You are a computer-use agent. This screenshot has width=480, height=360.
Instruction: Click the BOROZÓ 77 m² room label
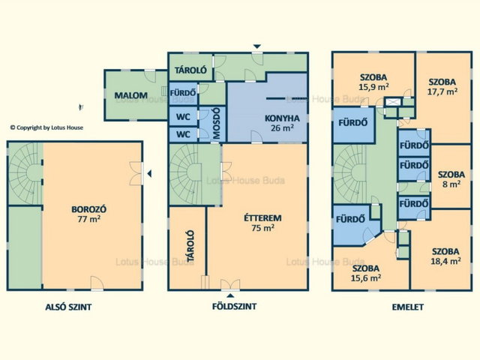88,214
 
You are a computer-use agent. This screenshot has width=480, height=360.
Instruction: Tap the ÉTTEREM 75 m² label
262,223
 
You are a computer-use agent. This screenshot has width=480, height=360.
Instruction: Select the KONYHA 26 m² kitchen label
282,123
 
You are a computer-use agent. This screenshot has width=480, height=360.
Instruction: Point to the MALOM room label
131,95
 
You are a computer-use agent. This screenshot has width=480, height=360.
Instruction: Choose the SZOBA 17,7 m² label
442,86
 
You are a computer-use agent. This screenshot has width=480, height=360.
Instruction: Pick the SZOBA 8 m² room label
451,179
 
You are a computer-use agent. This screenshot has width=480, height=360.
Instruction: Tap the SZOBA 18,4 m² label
445,256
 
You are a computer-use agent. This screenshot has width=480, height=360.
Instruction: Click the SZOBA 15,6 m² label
366,273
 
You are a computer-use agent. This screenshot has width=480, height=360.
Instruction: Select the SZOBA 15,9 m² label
373,82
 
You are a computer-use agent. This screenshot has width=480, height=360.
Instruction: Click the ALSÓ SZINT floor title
68,307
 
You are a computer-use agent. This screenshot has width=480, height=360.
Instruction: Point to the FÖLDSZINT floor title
235,306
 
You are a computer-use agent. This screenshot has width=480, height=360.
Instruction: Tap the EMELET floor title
408,307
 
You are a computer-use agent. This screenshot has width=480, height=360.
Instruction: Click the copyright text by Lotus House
46,127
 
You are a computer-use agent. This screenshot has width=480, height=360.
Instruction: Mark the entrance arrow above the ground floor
257,46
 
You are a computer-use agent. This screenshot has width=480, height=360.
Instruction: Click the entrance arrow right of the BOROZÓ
149,174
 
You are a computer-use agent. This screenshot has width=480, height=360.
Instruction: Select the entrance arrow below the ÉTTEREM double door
231,295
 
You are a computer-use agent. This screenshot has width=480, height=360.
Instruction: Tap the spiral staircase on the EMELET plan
350,174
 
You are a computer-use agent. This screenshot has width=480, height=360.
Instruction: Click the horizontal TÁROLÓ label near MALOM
190,70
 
